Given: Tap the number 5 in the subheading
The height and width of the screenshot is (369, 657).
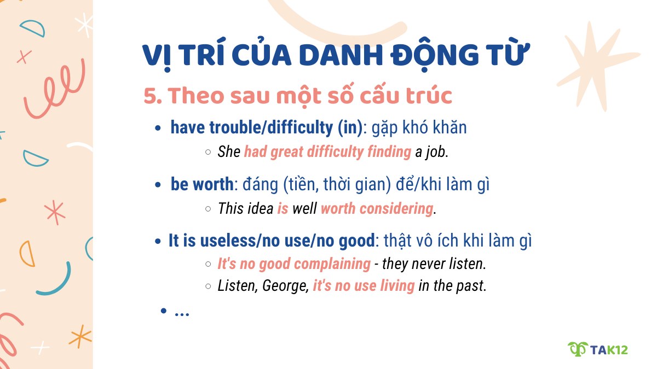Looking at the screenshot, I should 149,96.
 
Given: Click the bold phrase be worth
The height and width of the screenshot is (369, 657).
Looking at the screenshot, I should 201,185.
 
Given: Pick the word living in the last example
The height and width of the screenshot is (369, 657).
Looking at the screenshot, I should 396,286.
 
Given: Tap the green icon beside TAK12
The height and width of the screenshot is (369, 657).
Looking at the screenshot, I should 577,349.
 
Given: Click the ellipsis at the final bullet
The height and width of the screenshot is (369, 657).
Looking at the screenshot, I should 182,312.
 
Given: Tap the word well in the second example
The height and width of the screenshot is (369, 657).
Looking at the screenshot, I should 304,209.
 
